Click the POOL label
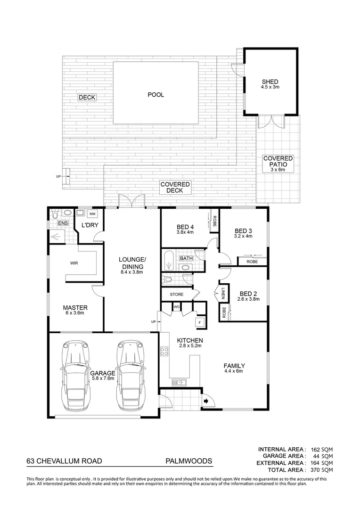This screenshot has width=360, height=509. click(155, 95)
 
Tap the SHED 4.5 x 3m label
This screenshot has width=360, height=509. click(270, 84)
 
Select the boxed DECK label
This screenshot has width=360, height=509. click(87, 98)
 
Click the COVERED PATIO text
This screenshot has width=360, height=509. click(278, 162)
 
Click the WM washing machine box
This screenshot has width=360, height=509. click(92, 213)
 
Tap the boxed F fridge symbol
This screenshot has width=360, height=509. click(199, 322)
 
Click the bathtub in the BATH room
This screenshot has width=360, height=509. click(169, 261)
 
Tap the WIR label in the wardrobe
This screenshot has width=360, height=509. click(74, 263)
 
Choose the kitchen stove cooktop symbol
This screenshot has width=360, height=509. click(165, 351)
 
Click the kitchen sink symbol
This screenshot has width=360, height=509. click(180, 382)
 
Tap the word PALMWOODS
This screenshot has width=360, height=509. click(188, 461)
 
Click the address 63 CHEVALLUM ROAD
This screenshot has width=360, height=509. click(64, 461)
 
